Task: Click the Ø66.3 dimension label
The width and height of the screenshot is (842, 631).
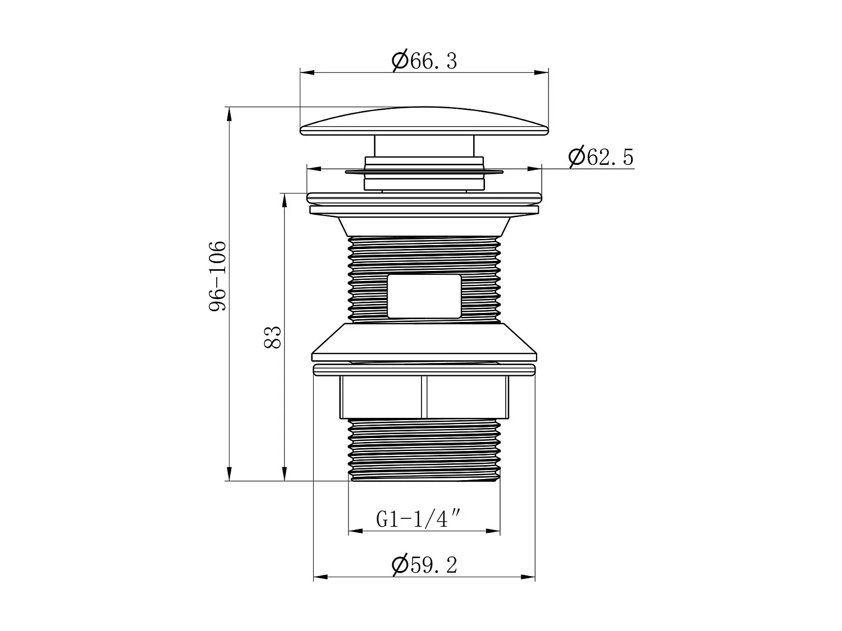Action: pos(424,60)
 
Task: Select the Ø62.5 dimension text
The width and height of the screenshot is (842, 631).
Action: pos(601,157)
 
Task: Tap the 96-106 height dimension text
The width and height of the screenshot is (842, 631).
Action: pos(217,276)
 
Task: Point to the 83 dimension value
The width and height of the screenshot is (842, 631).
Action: pos(272,337)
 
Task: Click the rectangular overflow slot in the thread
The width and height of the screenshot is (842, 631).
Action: pos(424,296)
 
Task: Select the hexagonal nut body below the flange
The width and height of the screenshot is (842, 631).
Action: pos(382,397)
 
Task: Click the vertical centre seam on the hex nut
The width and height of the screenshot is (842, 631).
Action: pos(424,397)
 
